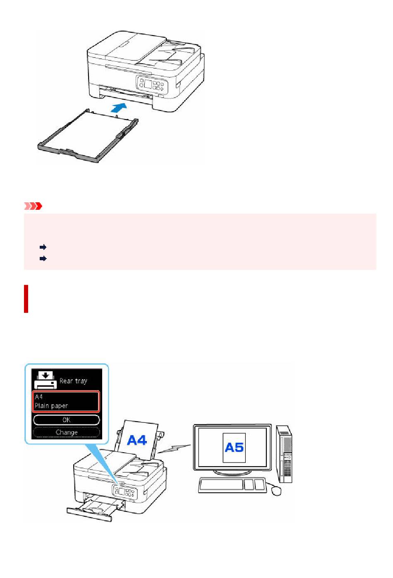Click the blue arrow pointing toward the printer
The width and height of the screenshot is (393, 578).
pos(119,107)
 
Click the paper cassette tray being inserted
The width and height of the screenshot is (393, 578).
pos(88,136)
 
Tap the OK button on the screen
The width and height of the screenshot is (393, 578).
pos(66,420)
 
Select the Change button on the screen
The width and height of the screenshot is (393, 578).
pos(66,432)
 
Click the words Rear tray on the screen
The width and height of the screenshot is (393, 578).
pos(73,381)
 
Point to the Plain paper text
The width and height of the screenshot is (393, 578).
pos(51,406)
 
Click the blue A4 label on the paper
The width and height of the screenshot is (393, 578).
pos(137,440)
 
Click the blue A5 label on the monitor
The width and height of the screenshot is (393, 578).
pos(234,447)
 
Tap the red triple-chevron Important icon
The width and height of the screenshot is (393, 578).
pos(33,206)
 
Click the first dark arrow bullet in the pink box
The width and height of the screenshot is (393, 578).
pos(43,247)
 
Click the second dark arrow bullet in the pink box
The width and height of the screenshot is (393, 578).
pos(43,258)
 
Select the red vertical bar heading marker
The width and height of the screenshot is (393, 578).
pos(26,299)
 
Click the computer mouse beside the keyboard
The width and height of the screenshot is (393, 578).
pos(276,491)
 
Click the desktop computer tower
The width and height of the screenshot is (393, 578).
pos(284,454)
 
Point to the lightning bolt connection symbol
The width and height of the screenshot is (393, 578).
pos(174,448)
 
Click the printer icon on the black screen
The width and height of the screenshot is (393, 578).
pos(46,380)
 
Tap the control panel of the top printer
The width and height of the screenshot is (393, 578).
pos(152,85)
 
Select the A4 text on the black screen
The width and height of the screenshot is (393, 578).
pos(39,397)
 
